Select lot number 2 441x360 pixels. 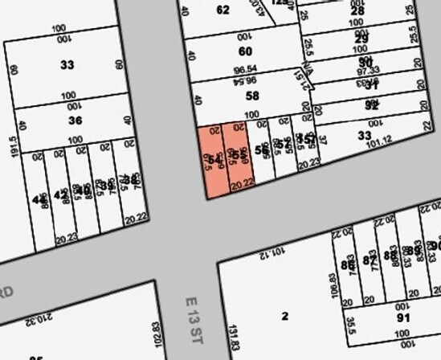(284, 316)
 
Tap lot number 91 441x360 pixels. (402, 317)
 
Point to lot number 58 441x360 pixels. (252, 96)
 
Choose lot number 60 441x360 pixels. (245, 51)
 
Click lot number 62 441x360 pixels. (223, 10)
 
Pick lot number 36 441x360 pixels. (75, 121)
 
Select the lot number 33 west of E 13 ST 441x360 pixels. (67, 64)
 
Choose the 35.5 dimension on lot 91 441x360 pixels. (350, 329)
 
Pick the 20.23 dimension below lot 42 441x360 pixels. (67, 238)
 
